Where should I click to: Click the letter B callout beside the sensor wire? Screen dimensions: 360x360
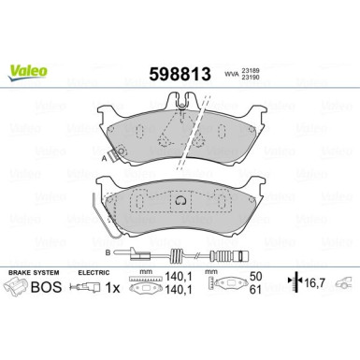(x=108, y=252)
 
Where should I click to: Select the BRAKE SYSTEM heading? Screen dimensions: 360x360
(x=34, y=271)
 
